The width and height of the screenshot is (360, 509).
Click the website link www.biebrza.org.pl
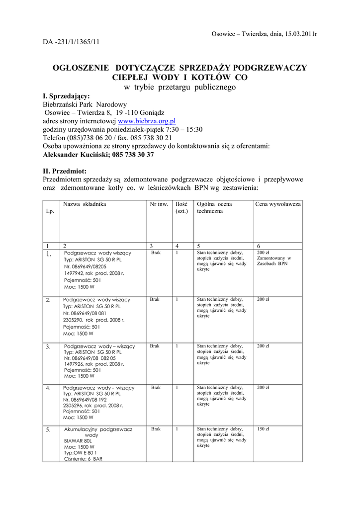(x=147, y=121)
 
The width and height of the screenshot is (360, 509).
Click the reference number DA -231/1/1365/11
(x=71, y=42)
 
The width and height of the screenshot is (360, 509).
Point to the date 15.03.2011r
(x=300, y=34)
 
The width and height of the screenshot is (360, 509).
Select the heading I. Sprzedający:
(x=66, y=96)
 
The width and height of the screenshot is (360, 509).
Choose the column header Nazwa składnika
(x=85, y=204)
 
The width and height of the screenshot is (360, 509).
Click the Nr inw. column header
(x=159, y=204)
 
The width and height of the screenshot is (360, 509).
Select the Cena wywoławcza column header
(x=278, y=204)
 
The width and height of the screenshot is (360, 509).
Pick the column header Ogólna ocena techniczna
(x=214, y=208)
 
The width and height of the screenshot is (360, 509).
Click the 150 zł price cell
(x=263, y=429)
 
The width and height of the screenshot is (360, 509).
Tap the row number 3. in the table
(x=48, y=347)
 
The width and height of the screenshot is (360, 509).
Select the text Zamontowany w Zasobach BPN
(x=273, y=261)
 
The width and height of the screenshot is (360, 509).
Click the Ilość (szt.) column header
(x=181, y=208)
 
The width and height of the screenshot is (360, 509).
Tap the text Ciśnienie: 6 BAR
(x=83, y=459)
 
